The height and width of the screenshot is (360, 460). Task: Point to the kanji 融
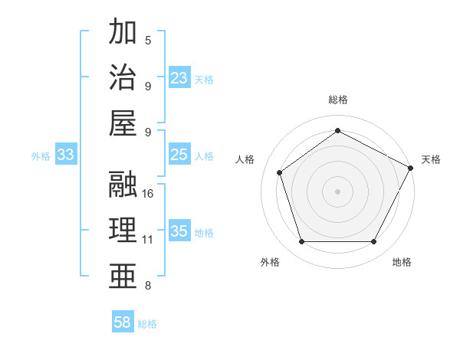pyautogui.click(x=123, y=184)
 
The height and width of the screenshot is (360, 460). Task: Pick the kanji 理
pyautogui.click(x=123, y=230)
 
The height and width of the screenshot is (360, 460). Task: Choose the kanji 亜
pyautogui.click(x=123, y=276)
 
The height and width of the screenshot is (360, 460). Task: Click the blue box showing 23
pyautogui.click(x=179, y=77)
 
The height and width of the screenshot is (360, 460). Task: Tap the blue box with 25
pyautogui.click(x=179, y=155)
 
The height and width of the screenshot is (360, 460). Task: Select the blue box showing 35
pyautogui.click(x=179, y=231)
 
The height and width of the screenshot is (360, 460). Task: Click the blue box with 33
pyautogui.click(x=66, y=155)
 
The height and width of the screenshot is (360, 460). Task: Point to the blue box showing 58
pyautogui.click(x=123, y=322)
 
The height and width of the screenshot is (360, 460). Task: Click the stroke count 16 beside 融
pyautogui.click(x=148, y=193)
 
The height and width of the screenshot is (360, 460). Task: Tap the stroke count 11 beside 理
pyautogui.click(x=148, y=240)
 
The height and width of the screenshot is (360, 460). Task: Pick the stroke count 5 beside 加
pyautogui.click(x=148, y=40)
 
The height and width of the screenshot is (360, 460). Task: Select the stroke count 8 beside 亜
pyautogui.click(x=148, y=286)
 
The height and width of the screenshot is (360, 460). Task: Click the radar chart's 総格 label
pyautogui.click(x=337, y=100)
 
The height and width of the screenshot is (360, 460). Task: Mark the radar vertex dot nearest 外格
pyautogui.click(x=301, y=242)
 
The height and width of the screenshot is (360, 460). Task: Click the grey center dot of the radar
pyautogui.click(x=337, y=191)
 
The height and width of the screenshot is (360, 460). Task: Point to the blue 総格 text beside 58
pyautogui.click(x=147, y=323)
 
